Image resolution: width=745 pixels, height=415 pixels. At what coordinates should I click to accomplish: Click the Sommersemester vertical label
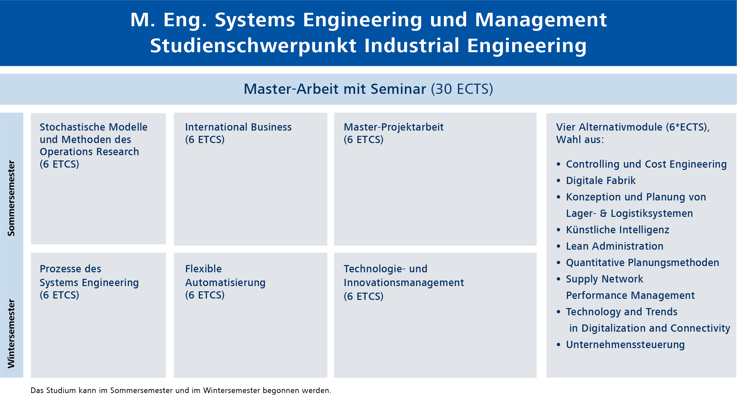[x=11, y=198]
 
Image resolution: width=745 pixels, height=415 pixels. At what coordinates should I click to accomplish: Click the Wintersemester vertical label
[x=11, y=334]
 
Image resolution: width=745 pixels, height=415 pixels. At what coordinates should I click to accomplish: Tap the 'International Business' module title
[x=238, y=127]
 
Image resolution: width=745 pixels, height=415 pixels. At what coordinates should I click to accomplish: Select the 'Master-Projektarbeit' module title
[x=393, y=127]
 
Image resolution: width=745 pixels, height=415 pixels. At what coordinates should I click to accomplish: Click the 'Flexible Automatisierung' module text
[x=225, y=276]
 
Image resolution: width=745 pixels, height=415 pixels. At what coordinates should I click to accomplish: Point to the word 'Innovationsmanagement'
[x=404, y=282]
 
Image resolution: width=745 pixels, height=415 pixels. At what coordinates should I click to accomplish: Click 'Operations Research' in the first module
[x=89, y=152]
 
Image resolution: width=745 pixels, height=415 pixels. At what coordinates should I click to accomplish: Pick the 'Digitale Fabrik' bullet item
[x=601, y=180]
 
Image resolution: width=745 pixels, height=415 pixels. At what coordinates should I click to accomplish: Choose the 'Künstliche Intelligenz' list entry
[x=617, y=230]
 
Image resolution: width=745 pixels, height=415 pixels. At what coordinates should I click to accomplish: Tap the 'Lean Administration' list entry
[x=614, y=246]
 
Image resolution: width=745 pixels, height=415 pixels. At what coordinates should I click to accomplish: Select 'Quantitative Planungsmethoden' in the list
[x=642, y=262]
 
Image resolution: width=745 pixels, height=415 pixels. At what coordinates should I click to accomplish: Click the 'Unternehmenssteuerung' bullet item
[x=625, y=344]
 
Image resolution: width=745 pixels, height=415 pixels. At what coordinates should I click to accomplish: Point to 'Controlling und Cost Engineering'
[x=646, y=164]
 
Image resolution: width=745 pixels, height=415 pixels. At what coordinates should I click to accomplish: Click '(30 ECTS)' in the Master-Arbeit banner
[x=462, y=89]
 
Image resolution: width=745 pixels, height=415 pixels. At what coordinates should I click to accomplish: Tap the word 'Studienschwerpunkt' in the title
[x=253, y=46]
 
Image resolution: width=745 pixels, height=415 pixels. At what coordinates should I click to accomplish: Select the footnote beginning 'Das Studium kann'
[x=181, y=390]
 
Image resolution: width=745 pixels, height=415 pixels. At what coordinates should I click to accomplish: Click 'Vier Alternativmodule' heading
[x=609, y=127]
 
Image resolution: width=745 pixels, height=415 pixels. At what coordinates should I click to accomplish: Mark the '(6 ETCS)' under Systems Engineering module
[x=59, y=295]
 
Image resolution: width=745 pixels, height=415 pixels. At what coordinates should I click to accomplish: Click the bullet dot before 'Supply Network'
[x=559, y=279]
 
